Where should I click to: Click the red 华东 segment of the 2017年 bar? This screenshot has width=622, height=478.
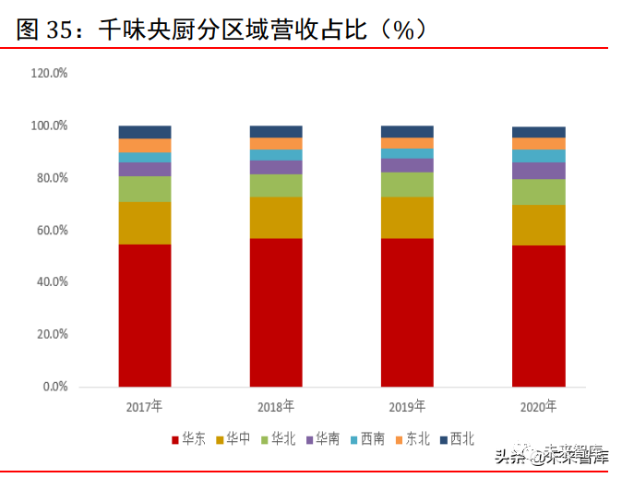(145, 314)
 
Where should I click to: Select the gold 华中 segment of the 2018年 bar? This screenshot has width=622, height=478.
(276, 217)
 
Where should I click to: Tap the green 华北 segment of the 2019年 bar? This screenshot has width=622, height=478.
(407, 184)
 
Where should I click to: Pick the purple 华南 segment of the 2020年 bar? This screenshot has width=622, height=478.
(539, 170)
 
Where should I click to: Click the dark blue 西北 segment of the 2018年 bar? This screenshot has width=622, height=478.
(276, 131)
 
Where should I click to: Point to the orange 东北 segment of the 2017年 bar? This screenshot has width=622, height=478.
(145, 145)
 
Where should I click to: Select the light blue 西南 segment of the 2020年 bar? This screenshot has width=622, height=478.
(539, 155)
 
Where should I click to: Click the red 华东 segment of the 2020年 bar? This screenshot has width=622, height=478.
(539, 315)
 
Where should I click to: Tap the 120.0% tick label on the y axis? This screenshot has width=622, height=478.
(49, 73)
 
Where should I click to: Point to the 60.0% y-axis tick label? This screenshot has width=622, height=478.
(52, 230)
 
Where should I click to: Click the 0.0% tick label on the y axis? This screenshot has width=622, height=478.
(54, 387)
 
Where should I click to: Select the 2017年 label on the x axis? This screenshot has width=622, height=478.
(145, 406)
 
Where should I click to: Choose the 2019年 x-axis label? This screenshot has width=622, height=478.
(407, 406)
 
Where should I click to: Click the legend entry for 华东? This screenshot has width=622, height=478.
(188, 439)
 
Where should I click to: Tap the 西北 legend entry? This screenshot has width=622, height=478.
(457, 439)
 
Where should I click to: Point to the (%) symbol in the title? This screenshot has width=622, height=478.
(403, 30)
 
